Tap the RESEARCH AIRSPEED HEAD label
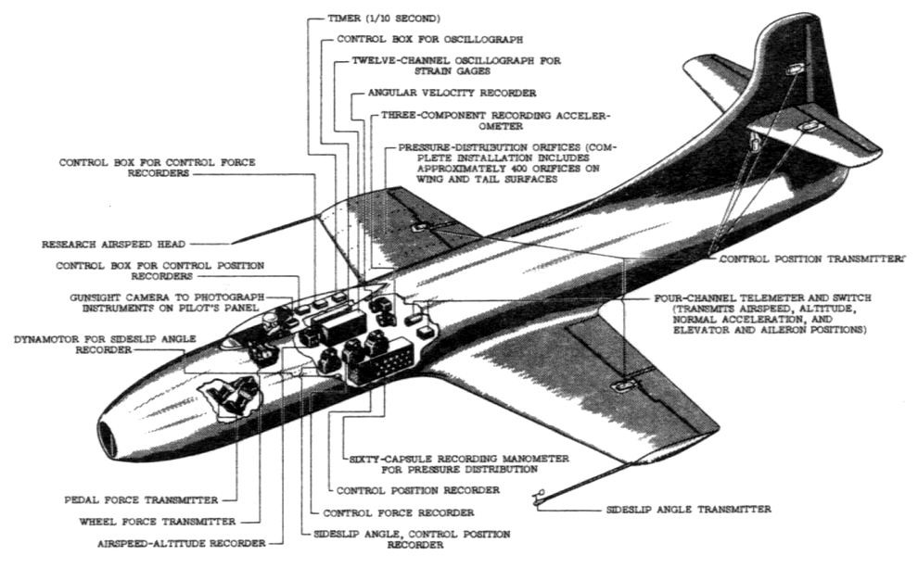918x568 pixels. pyautogui.click(x=114, y=246)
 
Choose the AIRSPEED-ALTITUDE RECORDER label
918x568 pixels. pyautogui.click(x=179, y=542)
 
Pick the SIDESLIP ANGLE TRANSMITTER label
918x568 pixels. pyautogui.click(x=688, y=509)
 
